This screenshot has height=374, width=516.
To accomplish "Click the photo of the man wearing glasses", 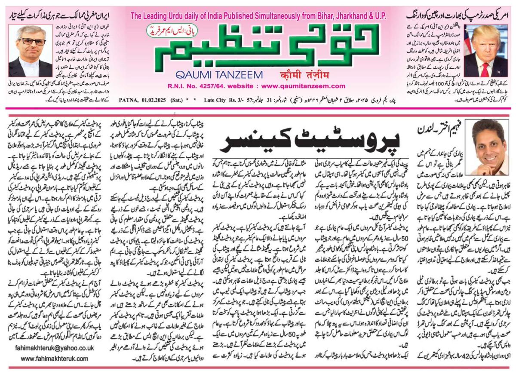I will pos(24,50).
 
